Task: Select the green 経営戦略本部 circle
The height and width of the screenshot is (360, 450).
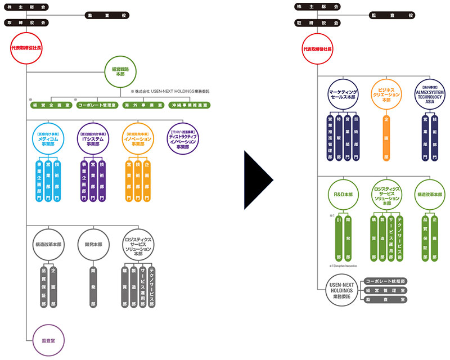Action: click(x=120, y=71)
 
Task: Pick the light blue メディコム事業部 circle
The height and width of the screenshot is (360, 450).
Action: click(x=47, y=138)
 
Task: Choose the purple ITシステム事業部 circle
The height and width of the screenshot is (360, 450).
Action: click(x=93, y=138)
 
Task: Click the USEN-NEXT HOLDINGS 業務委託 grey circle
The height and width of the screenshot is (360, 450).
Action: click(x=342, y=290)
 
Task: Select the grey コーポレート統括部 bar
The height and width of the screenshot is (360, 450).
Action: click(x=385, y=280)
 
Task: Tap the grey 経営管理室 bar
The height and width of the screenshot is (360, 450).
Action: click(x=385, y=290)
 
